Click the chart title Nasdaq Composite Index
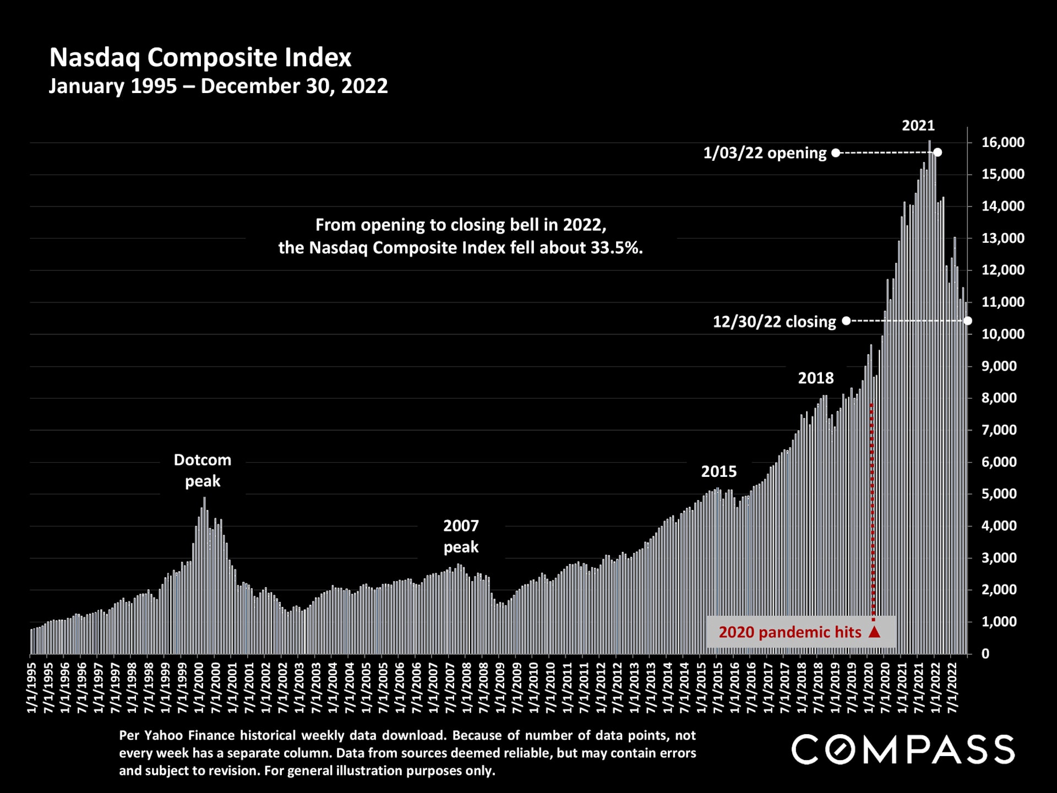(x=200, y=58)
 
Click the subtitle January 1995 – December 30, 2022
(x=218, y=86)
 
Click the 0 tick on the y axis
(x=985, y=654)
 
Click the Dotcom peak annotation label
(x=203, y=470)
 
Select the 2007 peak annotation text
(x=461, y=536)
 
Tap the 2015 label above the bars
(x=718, y=471)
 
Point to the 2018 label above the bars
(x=816, y=378)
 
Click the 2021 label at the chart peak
(x=918, y=126)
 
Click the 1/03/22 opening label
(x=765, y=153)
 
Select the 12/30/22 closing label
(x=774, y=322)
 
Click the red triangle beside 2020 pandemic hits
(x=874, y=632)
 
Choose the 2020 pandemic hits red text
(x=789, y=632)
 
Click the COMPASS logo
(x=903, y=749)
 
